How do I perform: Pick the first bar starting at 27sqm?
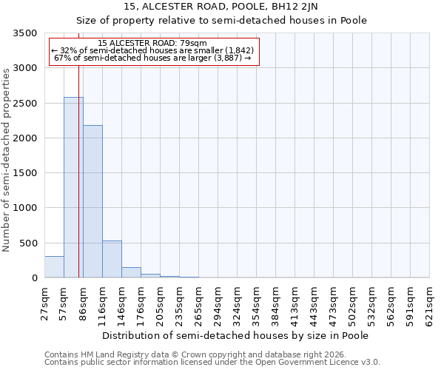[54, 266]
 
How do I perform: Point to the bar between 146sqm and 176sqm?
[131, 272]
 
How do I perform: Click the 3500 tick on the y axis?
[26, 34]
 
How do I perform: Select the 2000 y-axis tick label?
[26, 138]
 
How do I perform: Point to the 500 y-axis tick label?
[29, 243]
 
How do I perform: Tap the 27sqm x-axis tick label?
[44, 304]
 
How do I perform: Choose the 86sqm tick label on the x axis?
[83, 304]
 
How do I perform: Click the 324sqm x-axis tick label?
[237, 304]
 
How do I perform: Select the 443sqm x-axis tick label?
[314, 304]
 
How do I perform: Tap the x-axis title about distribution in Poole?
[235, 335]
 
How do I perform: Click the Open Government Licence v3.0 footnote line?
[212, 363]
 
